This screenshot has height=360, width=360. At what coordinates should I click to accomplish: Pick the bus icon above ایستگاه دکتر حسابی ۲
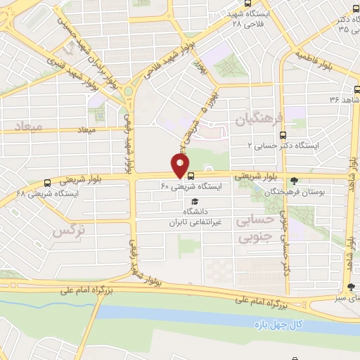(283, 135)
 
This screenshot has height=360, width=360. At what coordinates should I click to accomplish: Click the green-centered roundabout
(130, 91)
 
